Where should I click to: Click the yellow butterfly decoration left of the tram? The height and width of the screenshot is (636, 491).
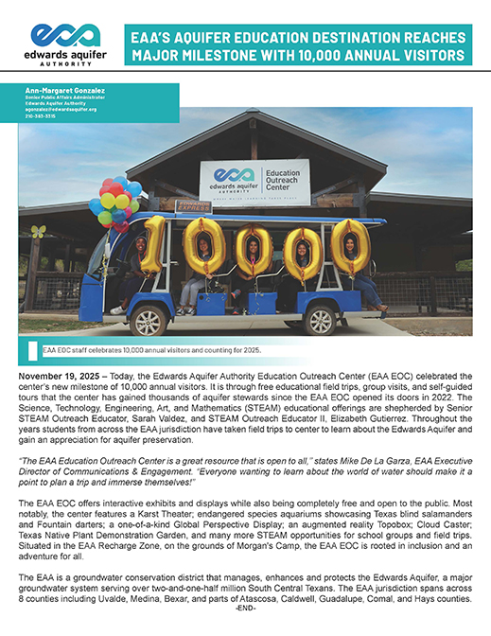[38, 231]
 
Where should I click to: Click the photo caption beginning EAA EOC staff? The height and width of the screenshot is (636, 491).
[151, 349]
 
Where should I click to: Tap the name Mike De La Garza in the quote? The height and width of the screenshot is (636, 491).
[344, 458]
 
